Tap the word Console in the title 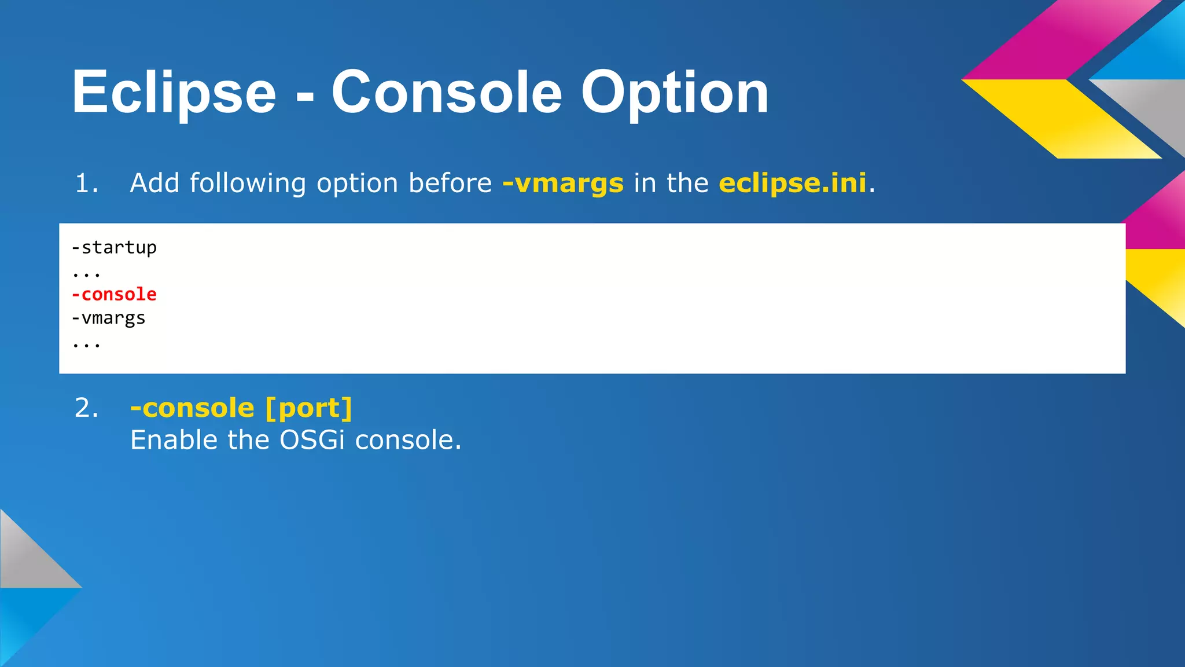[x=446, y=93]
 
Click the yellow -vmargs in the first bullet [x=563, y=184]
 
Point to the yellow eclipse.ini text [x=793, y=183]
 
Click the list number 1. [x=87, y=184]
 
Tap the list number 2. [x=87, y=408]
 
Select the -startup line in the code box [x=114, y=248]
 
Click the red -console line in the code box [x=114, y=295]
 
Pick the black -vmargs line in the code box [x=108, y=318]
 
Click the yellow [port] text [x=308, y=409]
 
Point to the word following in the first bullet [x=248, y=184]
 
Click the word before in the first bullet [x=450, y=184]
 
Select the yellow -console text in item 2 [x=192, y=409]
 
